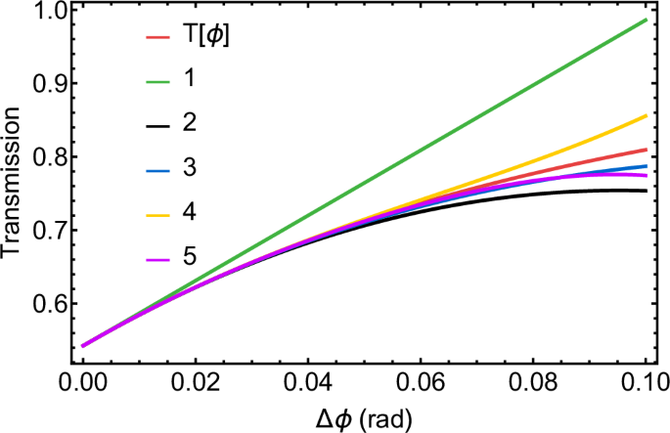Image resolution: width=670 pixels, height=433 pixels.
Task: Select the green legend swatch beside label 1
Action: [159, 83]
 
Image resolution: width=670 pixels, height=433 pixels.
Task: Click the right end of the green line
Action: [647, 20]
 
